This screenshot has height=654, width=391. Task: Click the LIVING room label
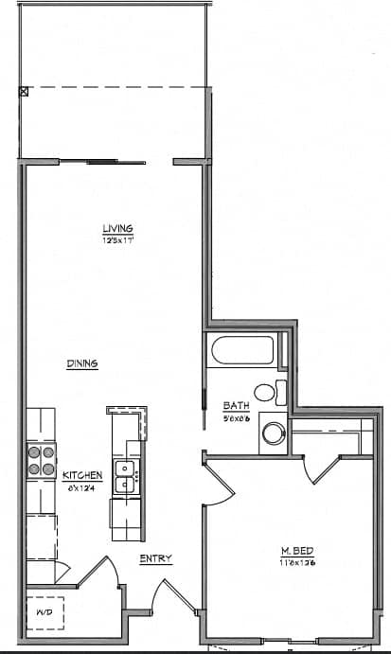(118, 228)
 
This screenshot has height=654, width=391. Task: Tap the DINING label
(83, 363)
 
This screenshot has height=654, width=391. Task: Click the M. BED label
(291, 551)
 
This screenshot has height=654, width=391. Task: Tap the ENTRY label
(155, 558)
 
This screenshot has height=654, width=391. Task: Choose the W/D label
(45, 612)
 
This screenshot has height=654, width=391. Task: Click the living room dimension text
(118, 240)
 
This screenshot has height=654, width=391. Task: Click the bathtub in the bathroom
(243, 352)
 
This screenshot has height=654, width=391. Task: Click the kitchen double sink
(124, 477)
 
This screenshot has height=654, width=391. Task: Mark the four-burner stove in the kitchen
(41, 461)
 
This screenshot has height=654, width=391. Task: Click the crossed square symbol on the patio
(24, 92)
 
